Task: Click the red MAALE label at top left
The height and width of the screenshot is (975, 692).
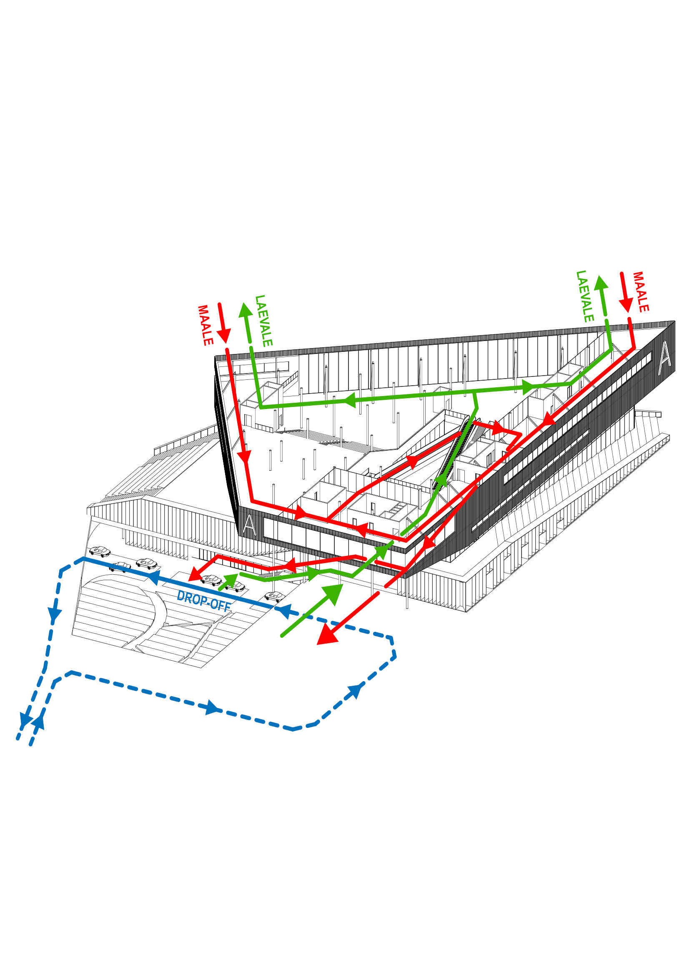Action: pos(205,325)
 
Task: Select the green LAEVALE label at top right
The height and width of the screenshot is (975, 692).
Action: pos(584,296)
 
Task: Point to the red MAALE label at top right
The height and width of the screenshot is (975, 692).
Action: pos(640,292)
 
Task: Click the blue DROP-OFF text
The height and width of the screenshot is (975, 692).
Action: pos(204,601)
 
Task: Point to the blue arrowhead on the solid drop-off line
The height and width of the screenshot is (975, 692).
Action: pos(153,578)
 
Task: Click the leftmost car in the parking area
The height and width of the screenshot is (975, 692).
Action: pos(100,551)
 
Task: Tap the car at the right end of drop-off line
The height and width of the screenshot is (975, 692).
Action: pos(275,596)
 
